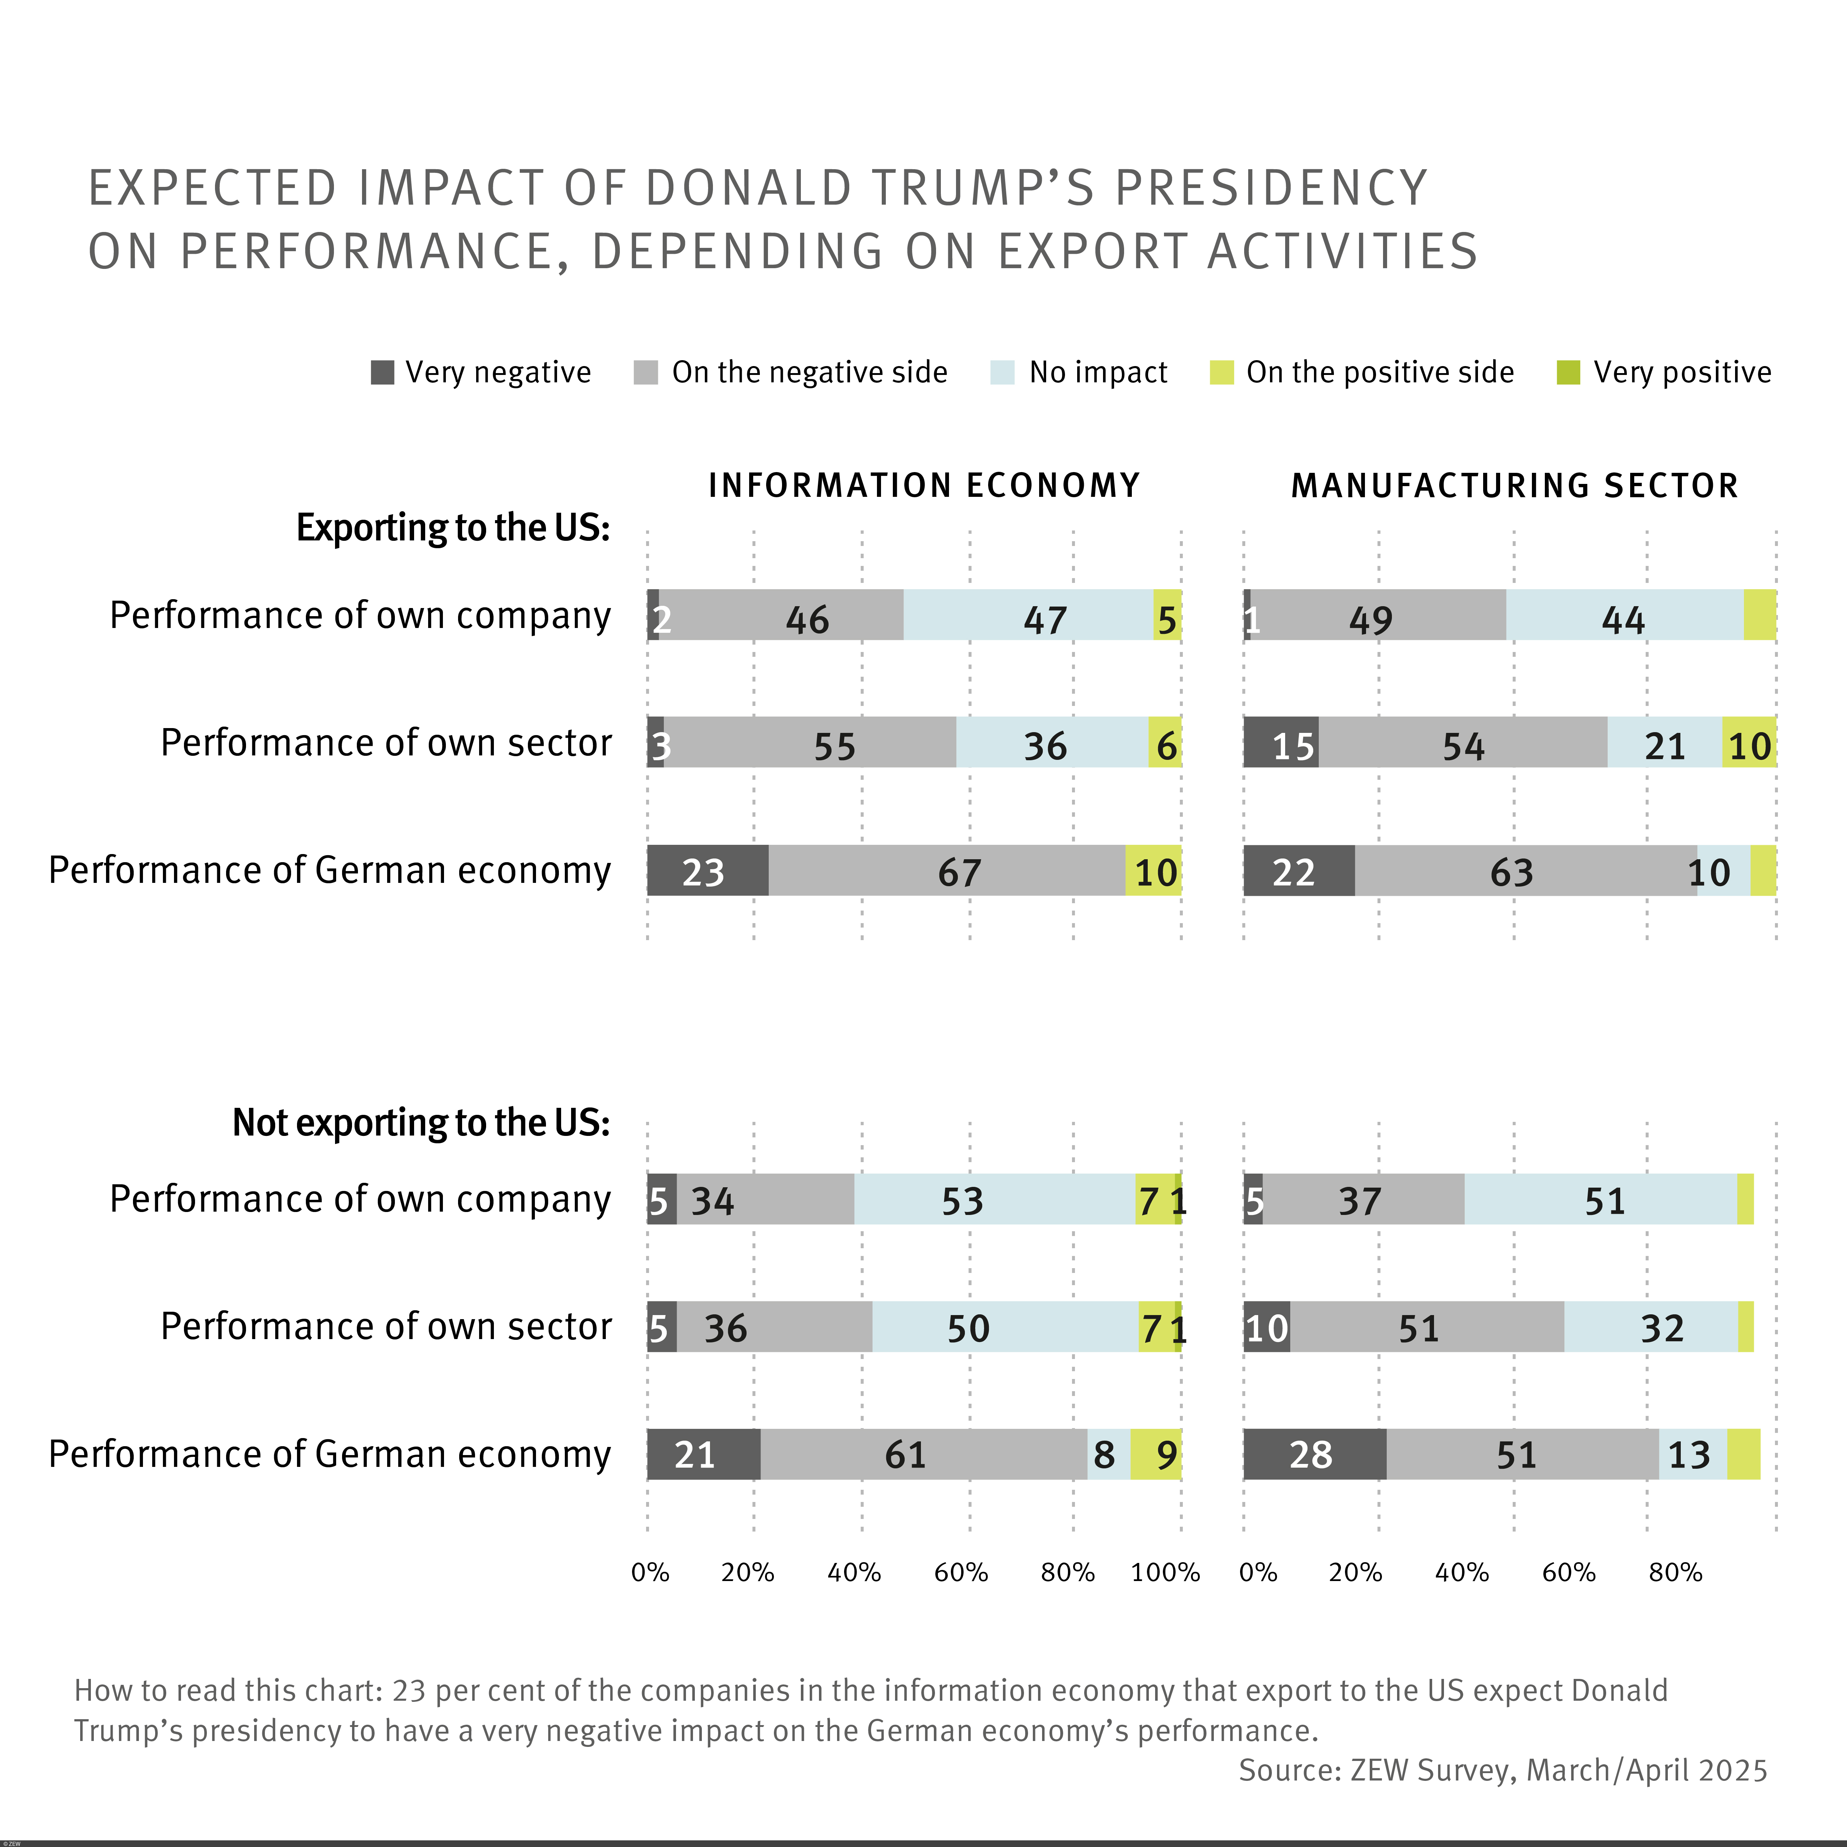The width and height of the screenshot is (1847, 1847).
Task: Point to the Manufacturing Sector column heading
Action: pyautogui.click(x=1514, y=486)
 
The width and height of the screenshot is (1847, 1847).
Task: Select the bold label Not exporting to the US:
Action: pyautogui.click(x=421, y=1122)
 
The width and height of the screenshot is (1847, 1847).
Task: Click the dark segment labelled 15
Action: pyautogui.click(x=1281, y=743)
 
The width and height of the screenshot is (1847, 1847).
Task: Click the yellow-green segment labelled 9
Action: pyautogui.click(x=1156, y=1454)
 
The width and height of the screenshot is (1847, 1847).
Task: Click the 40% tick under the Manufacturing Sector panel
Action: pyautogui.click(x=1462, y=1573)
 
